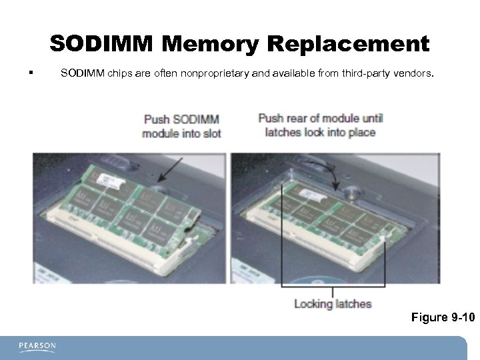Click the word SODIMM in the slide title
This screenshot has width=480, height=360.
[x=101, y=44]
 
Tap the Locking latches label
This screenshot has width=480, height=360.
[x=333, y=304]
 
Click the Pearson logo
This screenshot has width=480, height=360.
[x=37, y=347]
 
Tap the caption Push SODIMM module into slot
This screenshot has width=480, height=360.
[x=181, y=126]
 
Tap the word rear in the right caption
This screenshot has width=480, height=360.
[x=297, y=119]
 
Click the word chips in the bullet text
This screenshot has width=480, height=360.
[x=119, y=73]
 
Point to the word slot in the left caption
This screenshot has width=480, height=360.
[x=211, y=133]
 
